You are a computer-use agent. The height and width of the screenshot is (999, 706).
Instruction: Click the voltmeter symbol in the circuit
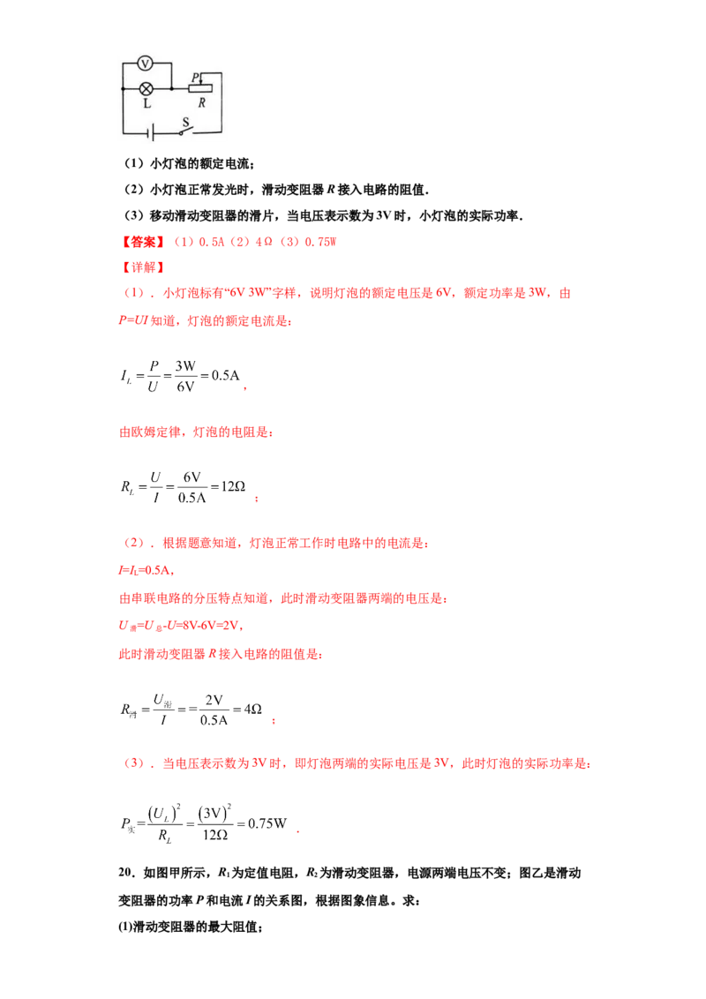click(146, 63)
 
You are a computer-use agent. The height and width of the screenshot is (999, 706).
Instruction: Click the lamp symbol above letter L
click(146, 88)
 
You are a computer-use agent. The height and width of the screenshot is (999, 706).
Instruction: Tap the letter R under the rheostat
click(202, 102)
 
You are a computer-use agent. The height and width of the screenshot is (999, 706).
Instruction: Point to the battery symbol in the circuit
click(150, 133)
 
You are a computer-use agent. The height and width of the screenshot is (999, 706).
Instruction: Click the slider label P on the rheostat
click(196, 77)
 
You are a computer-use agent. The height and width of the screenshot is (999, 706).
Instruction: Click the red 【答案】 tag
click(143, 242)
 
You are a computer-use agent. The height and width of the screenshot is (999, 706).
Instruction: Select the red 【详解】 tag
click(143, 267)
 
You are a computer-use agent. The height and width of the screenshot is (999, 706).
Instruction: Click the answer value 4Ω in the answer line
click(264, 242)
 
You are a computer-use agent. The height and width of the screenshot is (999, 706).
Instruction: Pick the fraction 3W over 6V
click(185, 376)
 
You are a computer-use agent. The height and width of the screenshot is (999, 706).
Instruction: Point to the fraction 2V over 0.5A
click(214, 710)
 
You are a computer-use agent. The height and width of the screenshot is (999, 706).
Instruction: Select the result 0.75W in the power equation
click(267, 823)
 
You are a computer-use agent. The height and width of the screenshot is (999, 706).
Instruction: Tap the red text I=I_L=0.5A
click(146, 570)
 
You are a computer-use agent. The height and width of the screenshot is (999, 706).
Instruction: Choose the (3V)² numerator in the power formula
click(214, 812)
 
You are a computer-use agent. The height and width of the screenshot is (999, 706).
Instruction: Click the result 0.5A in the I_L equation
click(226, 375)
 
